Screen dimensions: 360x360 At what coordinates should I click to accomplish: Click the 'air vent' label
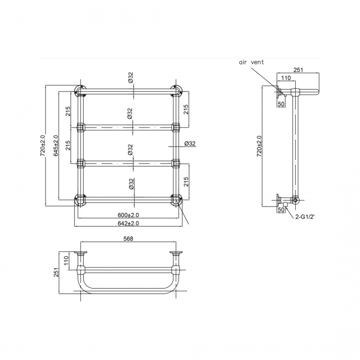tap(251, 63)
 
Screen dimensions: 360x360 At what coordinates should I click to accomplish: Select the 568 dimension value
tap(128, 239)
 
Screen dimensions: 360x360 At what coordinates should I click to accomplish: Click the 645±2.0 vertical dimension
tap(55, 145)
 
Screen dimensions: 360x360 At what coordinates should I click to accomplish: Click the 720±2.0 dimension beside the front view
tap(43, 145)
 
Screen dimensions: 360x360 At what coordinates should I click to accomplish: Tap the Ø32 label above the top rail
tap(130, 79)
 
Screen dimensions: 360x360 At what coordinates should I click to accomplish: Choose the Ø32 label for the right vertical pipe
tap(189, 144)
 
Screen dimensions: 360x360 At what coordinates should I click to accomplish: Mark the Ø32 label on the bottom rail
tap(130, 184)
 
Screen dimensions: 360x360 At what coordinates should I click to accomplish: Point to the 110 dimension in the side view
tap(286, 79)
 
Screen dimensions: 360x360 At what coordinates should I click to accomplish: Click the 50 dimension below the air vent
tap(281, 104)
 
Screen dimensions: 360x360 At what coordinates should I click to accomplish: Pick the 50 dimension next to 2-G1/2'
tap(281, 210)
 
